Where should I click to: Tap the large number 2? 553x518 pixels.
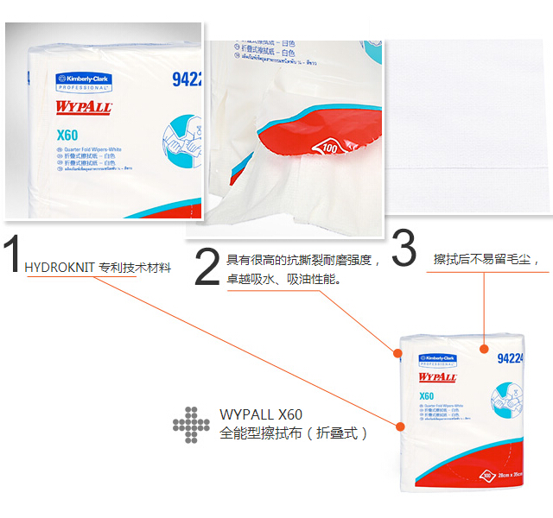207,267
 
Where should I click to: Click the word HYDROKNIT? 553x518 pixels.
60,268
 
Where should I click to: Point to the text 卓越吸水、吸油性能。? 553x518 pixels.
284,279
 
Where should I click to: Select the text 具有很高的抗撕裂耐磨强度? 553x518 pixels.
299,259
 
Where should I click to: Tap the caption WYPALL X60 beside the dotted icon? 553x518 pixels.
261,414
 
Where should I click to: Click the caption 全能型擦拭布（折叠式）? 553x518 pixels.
294,433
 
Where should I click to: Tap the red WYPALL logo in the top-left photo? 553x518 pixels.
84,107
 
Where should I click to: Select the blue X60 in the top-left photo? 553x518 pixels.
67,134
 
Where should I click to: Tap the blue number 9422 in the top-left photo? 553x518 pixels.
187,79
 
